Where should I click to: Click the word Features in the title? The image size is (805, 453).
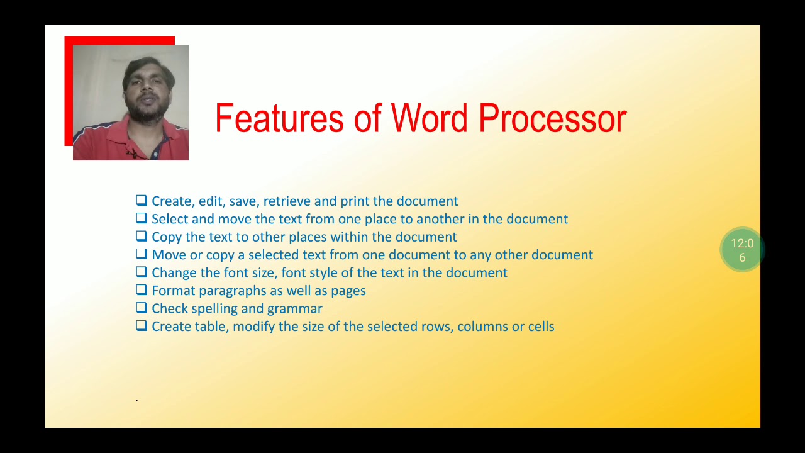(x=280, y=118)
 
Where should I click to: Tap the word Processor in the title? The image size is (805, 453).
(x=552, y=118)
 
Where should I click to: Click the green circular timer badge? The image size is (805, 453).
(x=742, y=250)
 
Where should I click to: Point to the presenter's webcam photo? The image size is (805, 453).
(x=131, y=103)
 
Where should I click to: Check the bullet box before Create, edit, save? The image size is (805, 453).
(x=142, y=201)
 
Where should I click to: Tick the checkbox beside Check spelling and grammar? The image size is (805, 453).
(x=142, y=308)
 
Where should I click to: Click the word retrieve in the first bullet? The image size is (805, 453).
(x=287, y=201)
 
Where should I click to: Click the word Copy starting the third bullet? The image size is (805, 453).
(x=166, y=237)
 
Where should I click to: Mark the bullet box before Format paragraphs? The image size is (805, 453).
(x=142, y=290)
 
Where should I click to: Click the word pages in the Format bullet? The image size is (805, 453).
(x=348, y=291)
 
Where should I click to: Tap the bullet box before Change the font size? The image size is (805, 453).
(x=142, y=272)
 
